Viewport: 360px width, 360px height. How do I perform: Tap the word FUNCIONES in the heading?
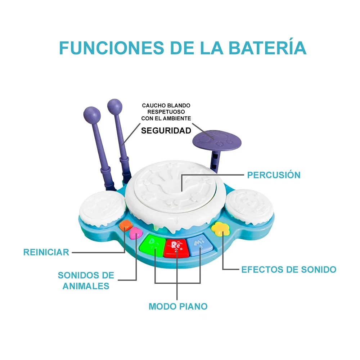(112, 48)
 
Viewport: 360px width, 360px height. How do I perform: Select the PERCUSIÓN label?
(274, 175)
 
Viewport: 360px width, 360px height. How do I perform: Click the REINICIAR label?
(46, 252)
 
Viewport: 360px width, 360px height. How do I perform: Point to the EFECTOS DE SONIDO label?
(289, 269)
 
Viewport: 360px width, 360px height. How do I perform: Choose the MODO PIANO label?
(178, 306)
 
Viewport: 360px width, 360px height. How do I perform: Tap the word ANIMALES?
(86, 286)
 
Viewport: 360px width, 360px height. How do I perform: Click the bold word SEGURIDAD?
(166, 131)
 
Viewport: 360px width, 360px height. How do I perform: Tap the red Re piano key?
(176, 248)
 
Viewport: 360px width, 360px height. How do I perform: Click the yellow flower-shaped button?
(220, 229)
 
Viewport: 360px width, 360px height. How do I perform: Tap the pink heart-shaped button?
(136, 233)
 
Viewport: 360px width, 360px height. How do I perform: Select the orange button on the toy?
(126, 225)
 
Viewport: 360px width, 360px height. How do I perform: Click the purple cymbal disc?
(217, 140)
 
